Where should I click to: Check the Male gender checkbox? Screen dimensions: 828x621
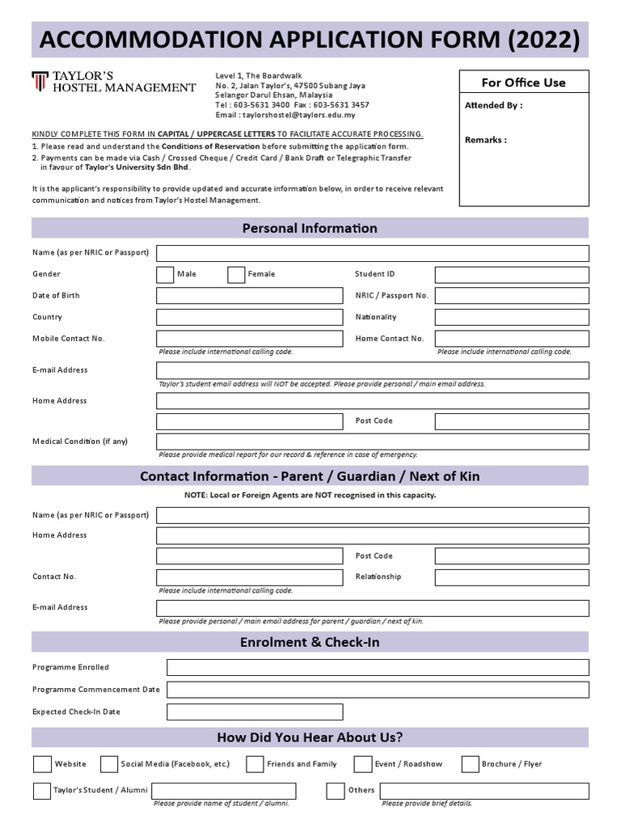tap(165, 275)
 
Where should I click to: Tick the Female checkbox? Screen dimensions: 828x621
tap(236, 275)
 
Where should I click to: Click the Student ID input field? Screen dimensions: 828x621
tap(512, 275)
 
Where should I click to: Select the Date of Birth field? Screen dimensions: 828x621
tap(249, 296)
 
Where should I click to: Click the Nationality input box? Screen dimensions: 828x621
tap(512, 318)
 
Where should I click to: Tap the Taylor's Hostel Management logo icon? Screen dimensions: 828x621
tap(40, 82)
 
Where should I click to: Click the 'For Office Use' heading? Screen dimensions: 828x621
tap(523, 82)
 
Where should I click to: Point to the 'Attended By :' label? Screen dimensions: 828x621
tap(493, 106)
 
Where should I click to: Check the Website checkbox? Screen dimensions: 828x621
tap(42, 764)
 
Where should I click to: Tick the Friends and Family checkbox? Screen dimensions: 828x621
tap(255, 764)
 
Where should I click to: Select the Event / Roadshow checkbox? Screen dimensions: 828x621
tap(363, 764)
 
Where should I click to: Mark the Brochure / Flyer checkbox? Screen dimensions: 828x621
tap(470, 764)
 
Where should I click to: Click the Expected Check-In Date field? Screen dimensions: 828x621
tap(255, 712)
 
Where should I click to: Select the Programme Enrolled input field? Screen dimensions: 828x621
tap(378, 668)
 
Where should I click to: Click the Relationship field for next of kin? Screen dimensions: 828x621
tap(512, 577)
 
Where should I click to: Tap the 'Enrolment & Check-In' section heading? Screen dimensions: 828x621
tap(310, 642)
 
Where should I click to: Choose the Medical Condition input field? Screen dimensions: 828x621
tap(372, 441)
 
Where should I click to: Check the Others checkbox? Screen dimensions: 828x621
tap(335, 791)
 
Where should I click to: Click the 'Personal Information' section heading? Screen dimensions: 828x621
tap(310, 228)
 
